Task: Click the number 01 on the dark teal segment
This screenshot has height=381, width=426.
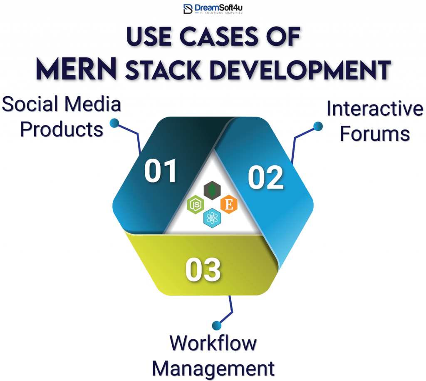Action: [161, 171]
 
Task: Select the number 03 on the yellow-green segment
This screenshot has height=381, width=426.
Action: [203, 269]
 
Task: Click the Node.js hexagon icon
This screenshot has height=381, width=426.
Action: [196, 205]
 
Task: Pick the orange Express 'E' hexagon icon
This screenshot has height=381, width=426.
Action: [228, 204]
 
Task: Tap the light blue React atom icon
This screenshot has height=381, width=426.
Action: [212, 218]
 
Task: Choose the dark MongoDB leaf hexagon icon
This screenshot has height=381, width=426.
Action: [212, 191]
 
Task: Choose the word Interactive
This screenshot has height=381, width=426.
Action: [374, 109]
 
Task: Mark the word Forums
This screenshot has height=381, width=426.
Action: [374, 134]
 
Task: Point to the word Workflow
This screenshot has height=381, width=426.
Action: [213, 344]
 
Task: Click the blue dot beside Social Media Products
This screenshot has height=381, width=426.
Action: [114, 123]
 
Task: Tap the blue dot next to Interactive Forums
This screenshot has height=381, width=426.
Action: [318, 126]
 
